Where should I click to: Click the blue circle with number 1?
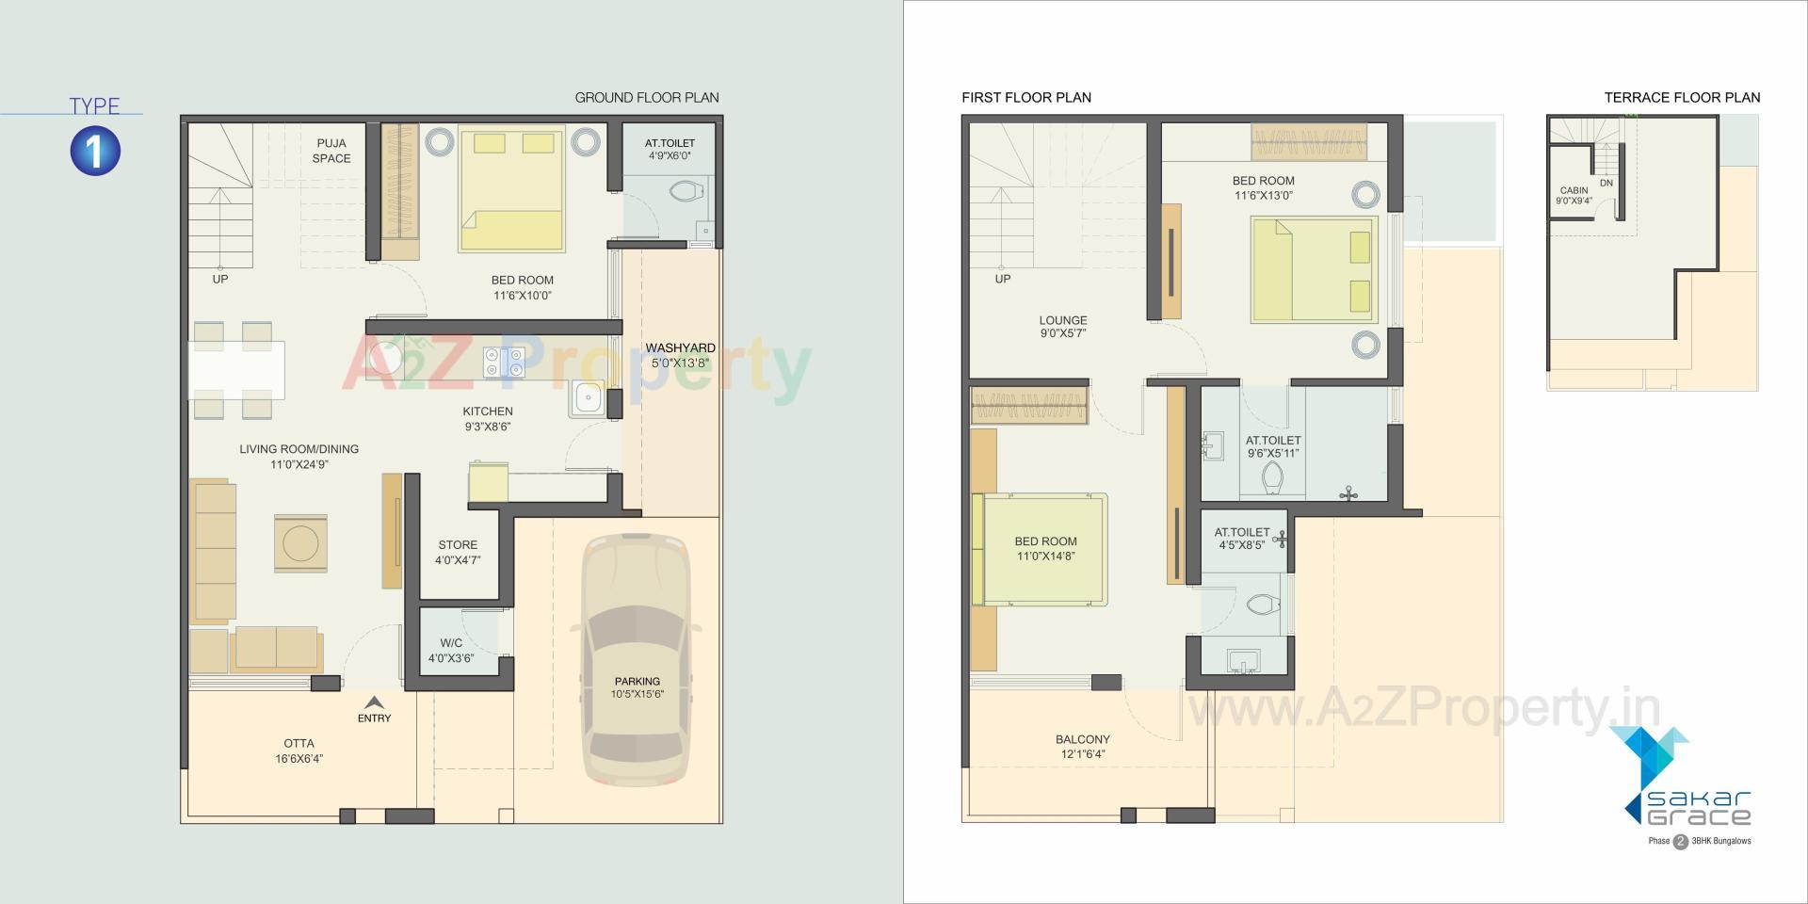pos(95,151)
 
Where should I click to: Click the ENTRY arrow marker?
pos(374,702)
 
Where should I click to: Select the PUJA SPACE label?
pos(331,151)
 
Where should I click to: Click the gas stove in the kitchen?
pos(503,363)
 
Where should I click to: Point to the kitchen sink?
pos(589,398)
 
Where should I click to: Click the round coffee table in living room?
pos(300,543)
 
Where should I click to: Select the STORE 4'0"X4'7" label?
pos(458,552)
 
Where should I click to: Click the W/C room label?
pos(451,651)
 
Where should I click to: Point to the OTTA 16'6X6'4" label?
pos(299,751)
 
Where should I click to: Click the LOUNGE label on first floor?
pos(1063,326)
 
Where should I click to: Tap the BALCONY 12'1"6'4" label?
pos(1082,747)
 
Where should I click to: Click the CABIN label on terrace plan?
pos(1574,195)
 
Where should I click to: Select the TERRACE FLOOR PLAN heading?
pos(1682,97)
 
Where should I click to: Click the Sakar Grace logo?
pos(1686,786)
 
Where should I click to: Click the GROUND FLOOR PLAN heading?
pos(646,97)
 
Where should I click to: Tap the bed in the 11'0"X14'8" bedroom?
pos(1043,549)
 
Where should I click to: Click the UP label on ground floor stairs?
pos(219,279)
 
